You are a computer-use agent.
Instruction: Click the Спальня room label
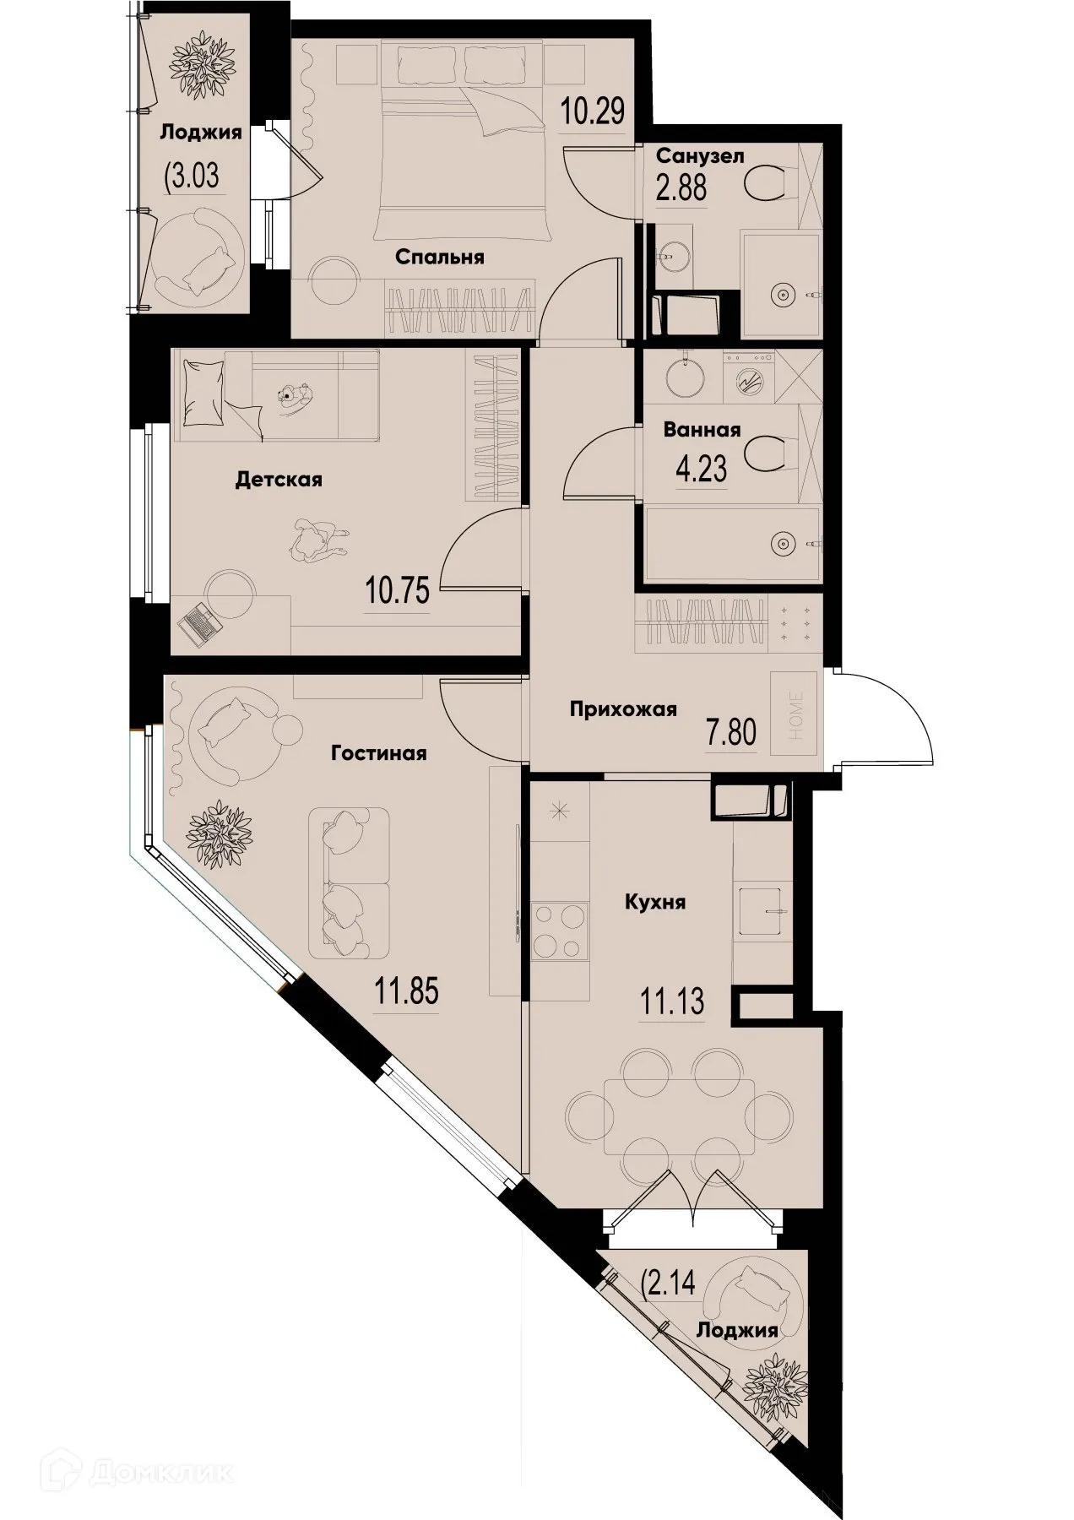click(440, 257)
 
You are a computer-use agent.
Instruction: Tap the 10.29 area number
click(594, 110)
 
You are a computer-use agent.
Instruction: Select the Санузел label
click(700, 156)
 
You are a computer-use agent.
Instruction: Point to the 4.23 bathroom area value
click(701, 467)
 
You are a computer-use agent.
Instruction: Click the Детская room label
click(279, 480)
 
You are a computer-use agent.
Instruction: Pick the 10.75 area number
click(398, 589)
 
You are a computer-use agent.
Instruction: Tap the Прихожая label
click(623, 709)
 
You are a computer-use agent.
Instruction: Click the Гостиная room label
click(379, 752)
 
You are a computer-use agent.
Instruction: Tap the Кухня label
click(654, 902)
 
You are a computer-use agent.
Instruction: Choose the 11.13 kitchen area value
click(671, 1002)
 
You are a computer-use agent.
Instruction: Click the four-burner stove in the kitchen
click(558, 932)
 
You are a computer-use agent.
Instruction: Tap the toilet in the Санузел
click(769, 182)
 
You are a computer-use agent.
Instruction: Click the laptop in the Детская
click(198, 623)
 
